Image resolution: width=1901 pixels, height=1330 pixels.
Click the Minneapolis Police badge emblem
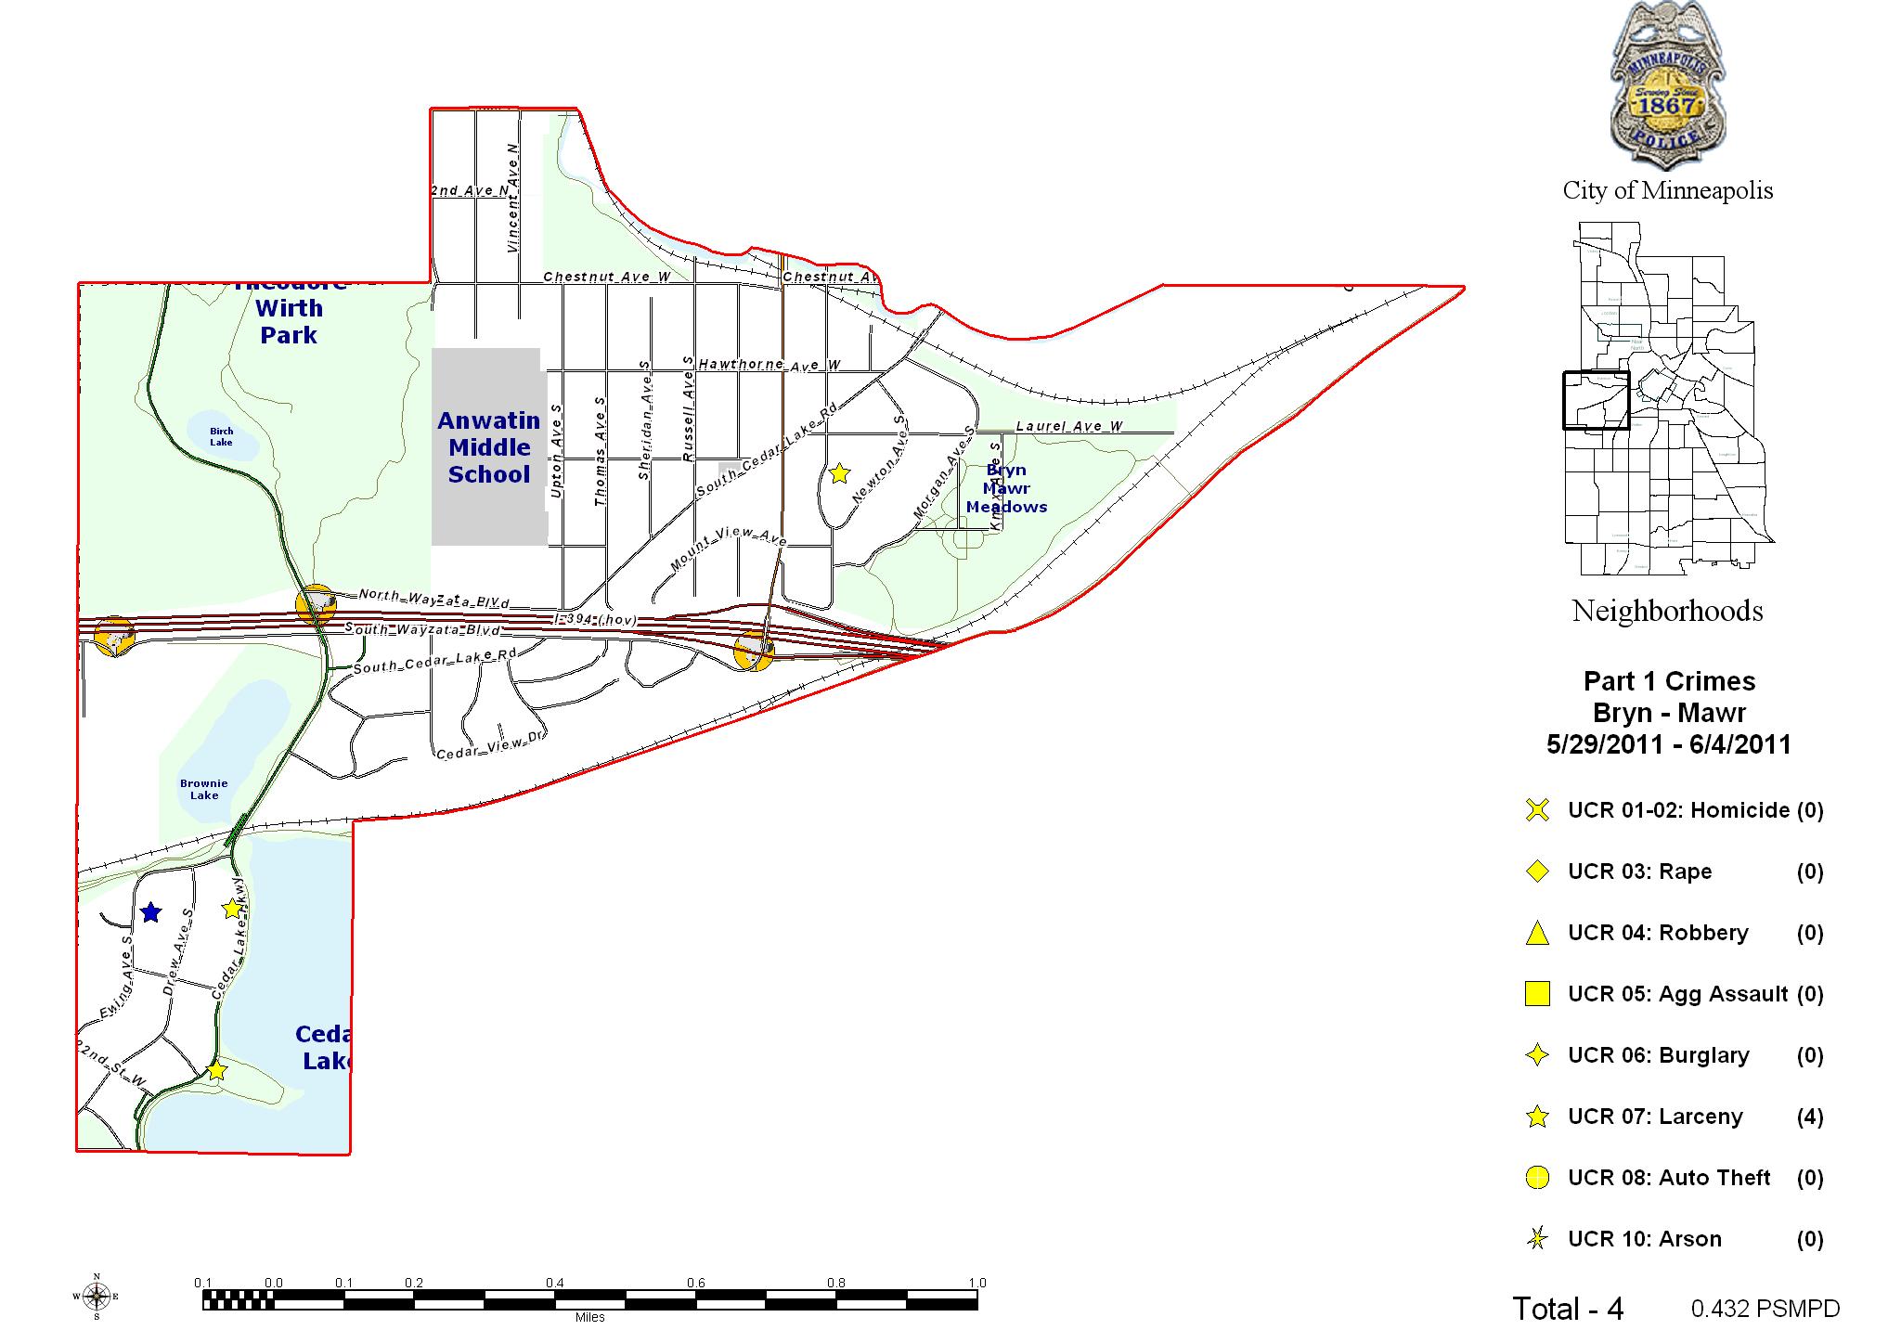(x=1668, y=88)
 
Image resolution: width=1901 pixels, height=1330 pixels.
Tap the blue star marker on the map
(x=150, y=912)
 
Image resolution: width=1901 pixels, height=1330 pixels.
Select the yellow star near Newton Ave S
(x=839, y=473)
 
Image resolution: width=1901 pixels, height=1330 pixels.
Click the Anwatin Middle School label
(x=489, y=447)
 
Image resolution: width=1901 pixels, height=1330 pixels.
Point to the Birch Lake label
(x=221, y=436)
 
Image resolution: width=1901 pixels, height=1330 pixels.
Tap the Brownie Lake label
(x=204, y=789)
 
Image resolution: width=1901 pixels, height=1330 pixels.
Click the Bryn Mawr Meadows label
(x=1006, y=488)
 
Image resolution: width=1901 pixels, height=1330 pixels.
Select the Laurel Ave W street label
(x=1069, y=427)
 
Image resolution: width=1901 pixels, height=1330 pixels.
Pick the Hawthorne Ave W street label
(x=769, y=365)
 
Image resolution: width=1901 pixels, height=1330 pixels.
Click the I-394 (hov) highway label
(x=594, y=618)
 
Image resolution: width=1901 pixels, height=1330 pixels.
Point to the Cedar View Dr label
(x=491, y=745)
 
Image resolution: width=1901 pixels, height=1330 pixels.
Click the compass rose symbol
(x=96, y=1296)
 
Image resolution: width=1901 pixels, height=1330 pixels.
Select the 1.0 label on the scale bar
(x=976, y=1283)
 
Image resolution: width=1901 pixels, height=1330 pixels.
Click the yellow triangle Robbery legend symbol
(x=1537, y=933)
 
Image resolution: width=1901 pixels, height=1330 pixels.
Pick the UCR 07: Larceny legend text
(x=1655, y=1117)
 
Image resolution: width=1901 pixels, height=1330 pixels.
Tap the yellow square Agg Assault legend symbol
(x=1537, y=994)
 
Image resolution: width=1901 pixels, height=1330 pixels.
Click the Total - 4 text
(x=1568, y=1309)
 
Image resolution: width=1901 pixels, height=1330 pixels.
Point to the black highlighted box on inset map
(x=1596, y=400)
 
